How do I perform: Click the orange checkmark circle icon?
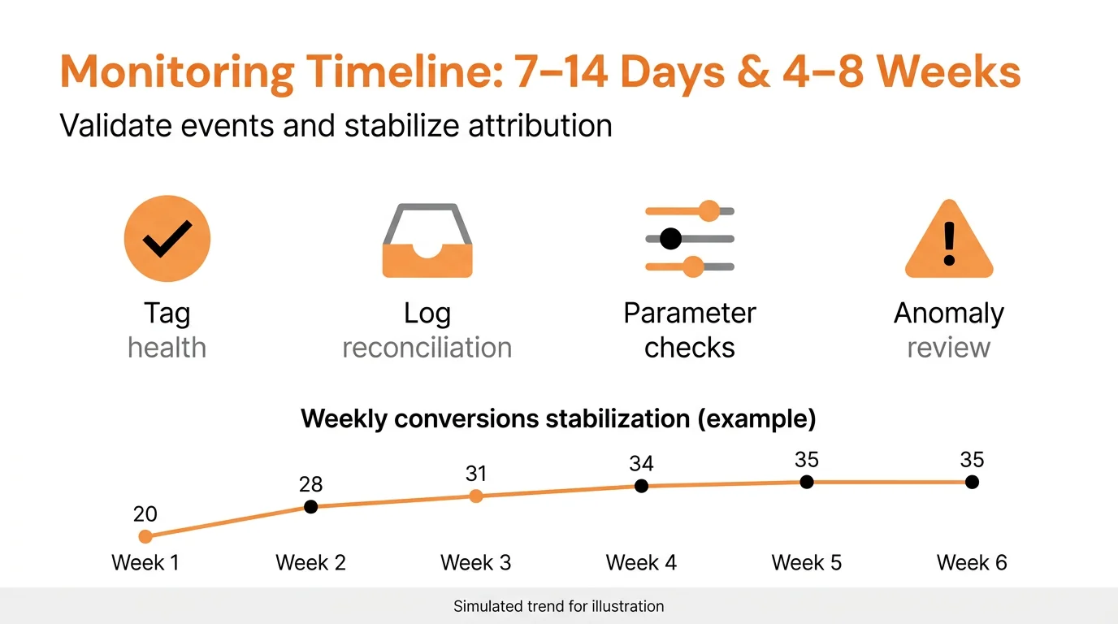pyautogui.click(x=167, y=238)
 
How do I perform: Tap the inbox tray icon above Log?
pyautogui.click(x=427, y=241)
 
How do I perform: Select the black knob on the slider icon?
pyautogui.click(x=670, y=239)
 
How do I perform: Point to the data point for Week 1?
pyautogui.click(x=145, y=536)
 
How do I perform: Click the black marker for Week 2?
pyautogui.click(x=310, y=507)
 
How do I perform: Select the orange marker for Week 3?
pyautogui.click(x=476, y=496)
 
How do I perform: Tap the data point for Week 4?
pyautogui.click(x=641, y=486)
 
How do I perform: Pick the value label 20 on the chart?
pyautogui.click(x=145, y=514)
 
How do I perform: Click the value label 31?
pyautogui.click(x=476, y=474)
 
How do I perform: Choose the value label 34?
pyautogui.click(x=641, y=464)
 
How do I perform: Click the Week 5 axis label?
pyautogui.click(x=806, y=562)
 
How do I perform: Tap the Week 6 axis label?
pyautogui.click(x=972, y=562)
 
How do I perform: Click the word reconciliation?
pyautogui.click(x=427, y=348)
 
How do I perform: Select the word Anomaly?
pyautogui.click(x=949, y=314)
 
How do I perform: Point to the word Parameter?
pyautogui.click(x=690, y=314)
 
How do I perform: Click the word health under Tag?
pyautogui.click(x=167, y=348)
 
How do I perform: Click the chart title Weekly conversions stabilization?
pyautogui.click(x=558, y=419)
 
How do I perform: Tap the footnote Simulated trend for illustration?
pyautogui.click(x=558, y=606)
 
